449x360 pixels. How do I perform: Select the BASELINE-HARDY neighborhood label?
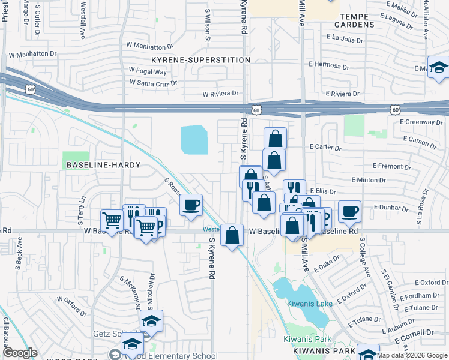pos(103,164)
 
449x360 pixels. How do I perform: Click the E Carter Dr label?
pos(325,147)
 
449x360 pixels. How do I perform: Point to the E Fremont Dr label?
pos(391,166)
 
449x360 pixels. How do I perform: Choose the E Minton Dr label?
pos(367,180)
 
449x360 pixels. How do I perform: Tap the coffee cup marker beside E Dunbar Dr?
pos(349,211)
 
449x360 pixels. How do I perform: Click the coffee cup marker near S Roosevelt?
pos(191,205)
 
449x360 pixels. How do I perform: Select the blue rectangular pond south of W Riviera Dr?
pos(194,139)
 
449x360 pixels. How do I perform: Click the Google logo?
pos(20,353)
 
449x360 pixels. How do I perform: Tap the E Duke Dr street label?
pos(327,262)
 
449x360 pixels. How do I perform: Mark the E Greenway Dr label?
pos(420,122)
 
